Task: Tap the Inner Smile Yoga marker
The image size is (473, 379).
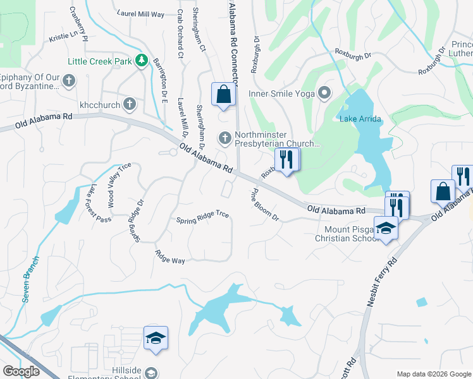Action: [x=325, y=94]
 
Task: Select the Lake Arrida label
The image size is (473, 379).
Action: [x=357, y=119]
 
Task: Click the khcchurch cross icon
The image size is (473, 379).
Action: [x=129, y=104]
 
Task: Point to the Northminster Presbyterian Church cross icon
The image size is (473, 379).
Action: [x=224, y=138]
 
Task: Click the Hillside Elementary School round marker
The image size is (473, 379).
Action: [x=150, y=373]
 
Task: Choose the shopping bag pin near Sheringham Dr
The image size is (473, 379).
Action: [x=223, y=95]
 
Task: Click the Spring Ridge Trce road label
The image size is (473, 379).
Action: [x=202, y=218]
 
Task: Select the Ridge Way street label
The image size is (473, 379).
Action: [x=170, y=257]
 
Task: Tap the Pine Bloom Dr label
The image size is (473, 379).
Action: [x=265, y=204]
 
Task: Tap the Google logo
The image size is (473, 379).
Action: [x=21, y=371]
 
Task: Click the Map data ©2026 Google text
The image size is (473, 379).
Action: [x=433, y=374]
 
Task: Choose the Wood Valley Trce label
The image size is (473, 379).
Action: [x=118, y=185]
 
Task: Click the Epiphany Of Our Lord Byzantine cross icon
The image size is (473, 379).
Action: [x=68, y=80]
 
